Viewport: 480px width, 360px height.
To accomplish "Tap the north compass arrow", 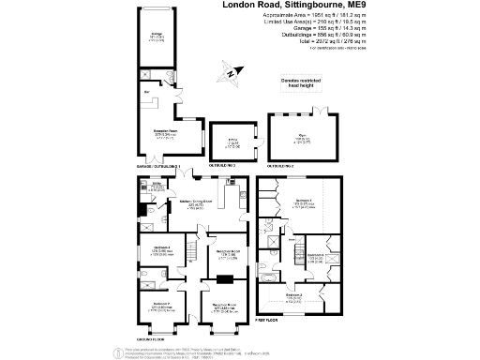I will coord(231,71).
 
